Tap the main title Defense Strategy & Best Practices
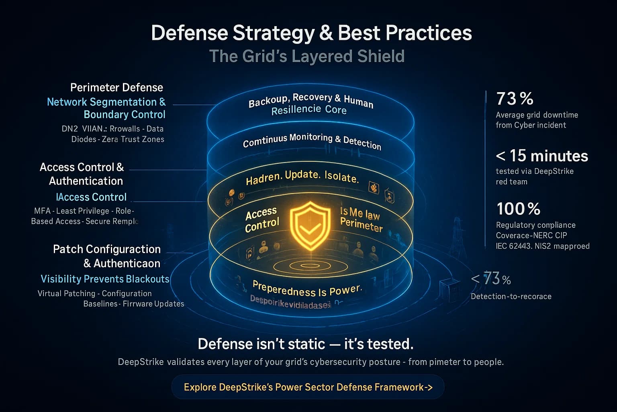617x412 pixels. (311, 33)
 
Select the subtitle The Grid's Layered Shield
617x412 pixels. (306, 56)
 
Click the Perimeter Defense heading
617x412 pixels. (116, 87)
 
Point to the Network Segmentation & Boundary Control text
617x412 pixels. (106, 108)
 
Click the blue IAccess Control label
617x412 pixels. (91, 197)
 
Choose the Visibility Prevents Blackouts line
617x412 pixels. (105, 279)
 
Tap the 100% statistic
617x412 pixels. (518, 209)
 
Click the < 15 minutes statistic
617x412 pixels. (542, 156)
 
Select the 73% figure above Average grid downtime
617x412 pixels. (515, 99)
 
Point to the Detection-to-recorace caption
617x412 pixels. (511, 297)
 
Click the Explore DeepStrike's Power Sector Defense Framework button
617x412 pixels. (308, 387)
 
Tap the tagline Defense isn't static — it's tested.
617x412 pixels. (306, 344)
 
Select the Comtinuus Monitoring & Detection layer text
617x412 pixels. (312, 140)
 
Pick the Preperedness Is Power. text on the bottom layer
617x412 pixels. (307, 289)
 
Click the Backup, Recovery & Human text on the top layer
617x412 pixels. (311, 99)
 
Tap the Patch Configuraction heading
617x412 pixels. (107, 249)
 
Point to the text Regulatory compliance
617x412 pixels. (535, 225)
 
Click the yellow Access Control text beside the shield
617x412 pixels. (262, 219)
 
